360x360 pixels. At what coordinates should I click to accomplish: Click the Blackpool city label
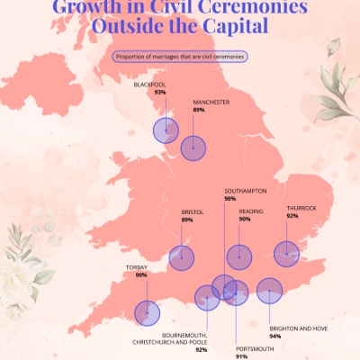pos(148,84)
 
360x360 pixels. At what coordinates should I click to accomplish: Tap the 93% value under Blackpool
pos(160,92)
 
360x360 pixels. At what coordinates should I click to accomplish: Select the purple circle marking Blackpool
pos(166,131)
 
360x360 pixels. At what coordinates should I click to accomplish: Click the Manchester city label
pos(211,102)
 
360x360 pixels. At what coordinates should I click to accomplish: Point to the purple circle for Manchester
pos(193,148)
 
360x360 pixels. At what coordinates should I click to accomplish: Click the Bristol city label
pos(192,211)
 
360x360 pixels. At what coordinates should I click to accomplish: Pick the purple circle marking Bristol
pos(182,258)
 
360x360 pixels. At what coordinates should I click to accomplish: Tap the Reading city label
pos(251,211)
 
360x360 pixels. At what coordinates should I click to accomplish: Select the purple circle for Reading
pos(239,257)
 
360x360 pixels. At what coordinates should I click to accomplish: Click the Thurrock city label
pos(301,208)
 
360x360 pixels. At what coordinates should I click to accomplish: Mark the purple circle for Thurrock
pos(286,254)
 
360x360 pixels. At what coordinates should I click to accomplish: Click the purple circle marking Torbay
pos(147,312)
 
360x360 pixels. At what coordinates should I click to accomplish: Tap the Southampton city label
pos(245,191)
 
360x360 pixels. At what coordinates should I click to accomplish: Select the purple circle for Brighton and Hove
pos(269,291)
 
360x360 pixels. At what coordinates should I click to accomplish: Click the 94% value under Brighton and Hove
pos(274,337)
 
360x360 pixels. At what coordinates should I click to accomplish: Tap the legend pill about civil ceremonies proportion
pos(180,57)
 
